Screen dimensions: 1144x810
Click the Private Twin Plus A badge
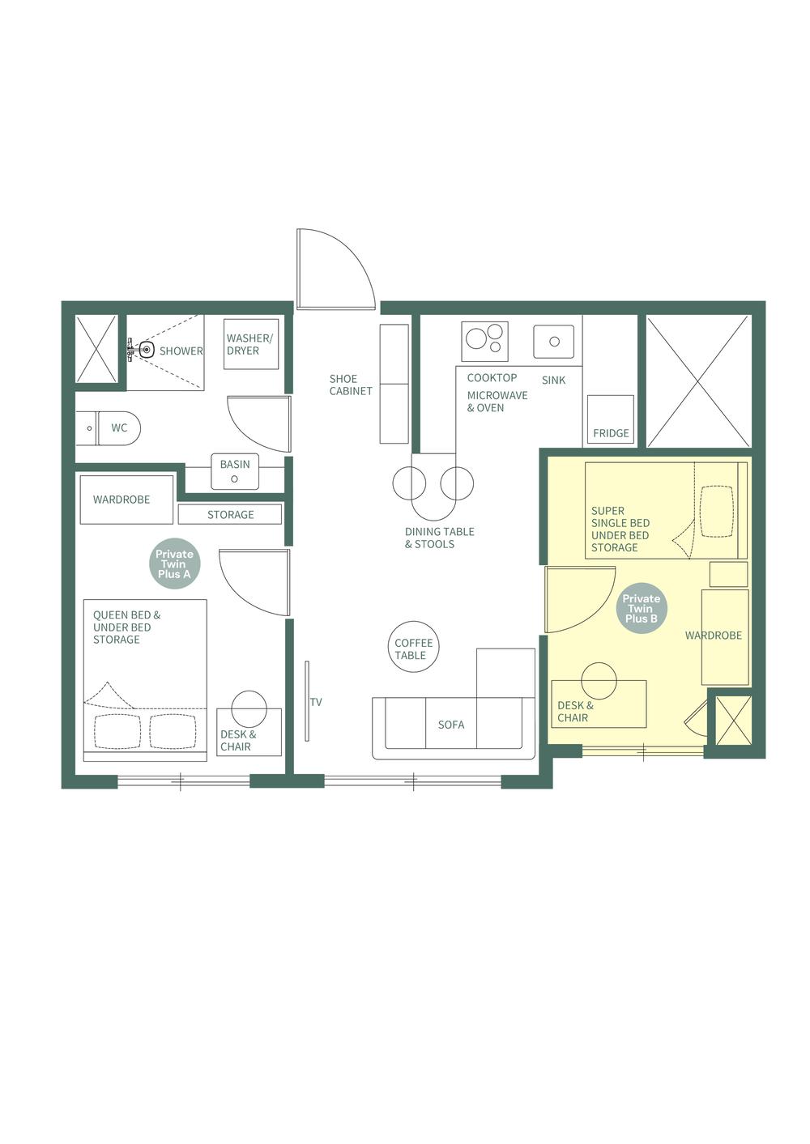[174, 564]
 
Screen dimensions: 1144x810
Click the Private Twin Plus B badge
[641, 609]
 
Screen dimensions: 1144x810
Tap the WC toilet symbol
[118, 427]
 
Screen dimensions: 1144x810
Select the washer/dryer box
[250, 344]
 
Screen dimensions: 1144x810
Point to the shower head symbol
[145, 351]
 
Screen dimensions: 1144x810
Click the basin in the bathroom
[235, 472]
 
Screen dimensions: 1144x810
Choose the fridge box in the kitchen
[610, 419]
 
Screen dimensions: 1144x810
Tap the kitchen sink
[554, 342]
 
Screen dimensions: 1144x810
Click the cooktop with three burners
[484, 341]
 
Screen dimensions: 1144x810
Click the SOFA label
[451, 725]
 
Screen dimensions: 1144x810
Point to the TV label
[316, 702]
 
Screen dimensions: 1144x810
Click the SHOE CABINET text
[351, 385]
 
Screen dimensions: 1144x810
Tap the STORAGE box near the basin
[230, 514]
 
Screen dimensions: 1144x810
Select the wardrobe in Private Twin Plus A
[126, 500]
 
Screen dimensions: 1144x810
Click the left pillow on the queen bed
[117, 731]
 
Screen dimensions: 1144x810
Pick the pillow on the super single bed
[716, 511]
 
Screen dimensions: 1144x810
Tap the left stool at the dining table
[409, 483]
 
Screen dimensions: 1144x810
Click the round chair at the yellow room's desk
[599, 680]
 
